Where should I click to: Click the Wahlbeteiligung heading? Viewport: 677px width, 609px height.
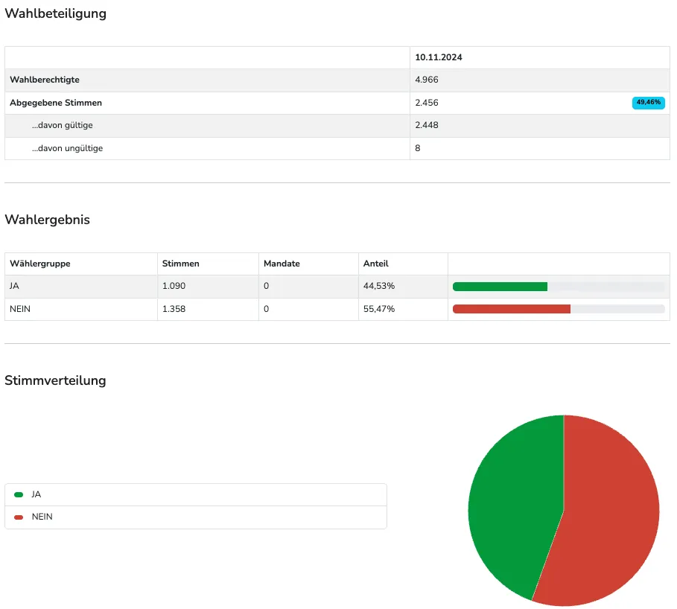click(x=55, y=14)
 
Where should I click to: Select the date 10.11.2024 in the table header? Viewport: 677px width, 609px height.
click(x=438, y=57)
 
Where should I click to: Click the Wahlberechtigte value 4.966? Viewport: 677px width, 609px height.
click(x=427, y=80)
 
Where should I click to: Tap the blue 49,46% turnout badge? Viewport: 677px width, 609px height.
click(x=648, y=103)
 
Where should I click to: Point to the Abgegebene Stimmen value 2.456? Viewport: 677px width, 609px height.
click(x=427, y=103)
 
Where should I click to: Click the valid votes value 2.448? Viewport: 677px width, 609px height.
click(x=427, y=125)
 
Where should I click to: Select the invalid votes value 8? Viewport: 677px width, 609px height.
click(x=418, y=148)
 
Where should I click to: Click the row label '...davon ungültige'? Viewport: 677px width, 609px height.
click(x=67, y=148)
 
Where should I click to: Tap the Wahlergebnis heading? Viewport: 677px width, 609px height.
click(x=47, y=220)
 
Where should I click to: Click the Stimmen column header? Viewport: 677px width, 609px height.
click(x=180, y=264)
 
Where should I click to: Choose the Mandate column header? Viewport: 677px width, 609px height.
click(x=282, y=264)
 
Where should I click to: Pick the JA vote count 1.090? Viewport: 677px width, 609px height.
click(x=174, y=286)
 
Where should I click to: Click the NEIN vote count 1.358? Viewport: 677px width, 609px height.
click(x=174, y=309)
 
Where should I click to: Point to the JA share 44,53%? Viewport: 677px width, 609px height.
click(x=378, y=286)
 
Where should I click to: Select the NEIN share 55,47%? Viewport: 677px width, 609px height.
click(x=378, y=309)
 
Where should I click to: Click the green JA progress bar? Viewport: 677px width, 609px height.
click(x=500, y=287)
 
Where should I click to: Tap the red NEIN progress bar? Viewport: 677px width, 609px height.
click(x=511, y=309)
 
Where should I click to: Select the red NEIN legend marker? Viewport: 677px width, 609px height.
click(x=19, y=517)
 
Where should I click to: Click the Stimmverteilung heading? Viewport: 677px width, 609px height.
click(x=55, y=380)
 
